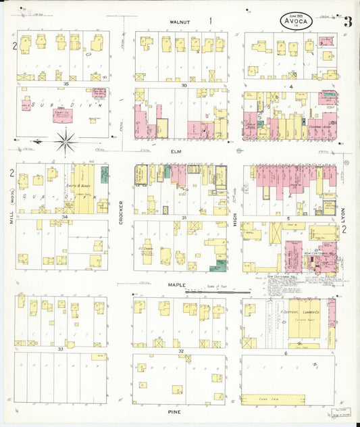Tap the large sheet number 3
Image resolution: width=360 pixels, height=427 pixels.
pyautogui.click(x=347, y=22)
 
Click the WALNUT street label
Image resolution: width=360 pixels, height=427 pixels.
pyautogui.click(x=180, y=22)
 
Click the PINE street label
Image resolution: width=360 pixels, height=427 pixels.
pyautogui.click(x=179, y=410)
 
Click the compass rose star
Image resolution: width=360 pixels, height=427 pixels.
pyautogui.click(x=66, y=142)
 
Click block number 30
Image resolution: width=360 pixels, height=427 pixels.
pyautogui.click(x=183, y=85)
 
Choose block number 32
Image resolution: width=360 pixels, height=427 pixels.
pyautogui.click(x=180, y=351)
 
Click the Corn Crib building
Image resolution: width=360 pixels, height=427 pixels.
pyautogui.click(x=287, y=399)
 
